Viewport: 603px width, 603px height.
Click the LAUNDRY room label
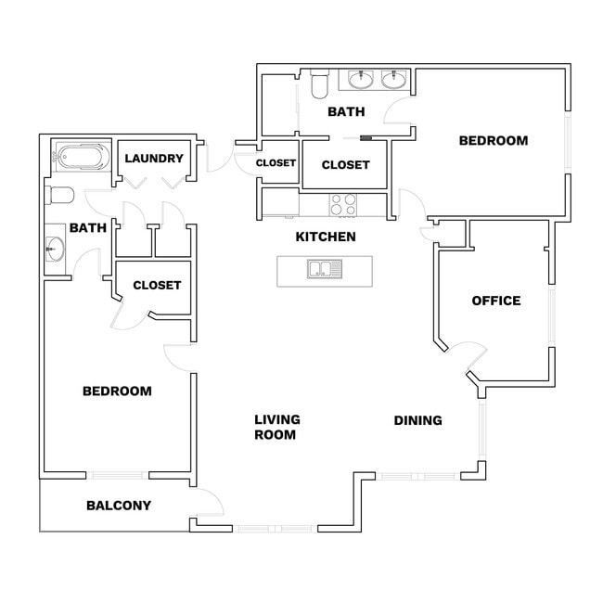(x=154, y=158)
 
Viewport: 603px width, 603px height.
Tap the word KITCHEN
(x=326, y=237)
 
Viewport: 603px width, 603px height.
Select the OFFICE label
(x=496, y=301)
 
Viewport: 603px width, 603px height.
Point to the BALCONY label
(x=119, y=506)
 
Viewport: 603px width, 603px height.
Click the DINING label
(x=417, y=420)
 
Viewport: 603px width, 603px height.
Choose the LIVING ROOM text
(x=277, y=427)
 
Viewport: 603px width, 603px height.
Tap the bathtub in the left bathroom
(x=81, y=157)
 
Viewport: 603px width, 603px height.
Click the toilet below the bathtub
(x=59, y=195)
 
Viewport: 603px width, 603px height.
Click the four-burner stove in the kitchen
(x=343, y=203)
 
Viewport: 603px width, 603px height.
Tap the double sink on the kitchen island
(x=325, y=270)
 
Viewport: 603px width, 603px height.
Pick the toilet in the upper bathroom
(x=320, y=86)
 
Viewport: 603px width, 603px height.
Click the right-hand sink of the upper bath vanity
(x=395, y=80)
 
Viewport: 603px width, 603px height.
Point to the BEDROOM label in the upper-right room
(x=494, y=141)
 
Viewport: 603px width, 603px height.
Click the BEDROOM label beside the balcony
(x=117, y=391)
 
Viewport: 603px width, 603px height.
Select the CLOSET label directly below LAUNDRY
(x=157, y=285)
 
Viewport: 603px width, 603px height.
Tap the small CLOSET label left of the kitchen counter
(x=276, y=163)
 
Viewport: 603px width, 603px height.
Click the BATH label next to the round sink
(x=88, y=227)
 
